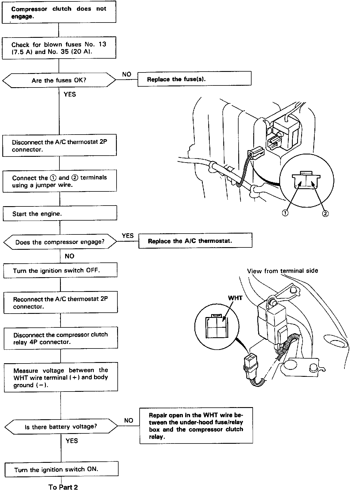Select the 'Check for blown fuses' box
tap(59, 48)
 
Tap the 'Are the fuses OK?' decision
tap(59, 80)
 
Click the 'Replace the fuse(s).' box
tap(194, 79)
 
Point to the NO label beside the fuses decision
tap(127, 74)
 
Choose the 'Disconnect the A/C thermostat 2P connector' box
tap(59, 146)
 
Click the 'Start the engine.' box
tap(60, 214)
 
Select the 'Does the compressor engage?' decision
tap(60, 242)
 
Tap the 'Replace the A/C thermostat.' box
tap(195, 241)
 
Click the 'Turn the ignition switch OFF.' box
tap(60, 271)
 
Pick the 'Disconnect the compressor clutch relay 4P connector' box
tap(61, 338)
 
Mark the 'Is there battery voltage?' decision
tap(61, 426)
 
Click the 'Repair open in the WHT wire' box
tap(196, 426)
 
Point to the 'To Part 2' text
tap(63, 487)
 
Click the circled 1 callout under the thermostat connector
tap(285, 213)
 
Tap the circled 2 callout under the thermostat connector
tap(325, 213)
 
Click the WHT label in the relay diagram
tap(235, 298)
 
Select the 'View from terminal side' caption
tap(282, 271)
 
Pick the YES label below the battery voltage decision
tap(72, 441)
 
